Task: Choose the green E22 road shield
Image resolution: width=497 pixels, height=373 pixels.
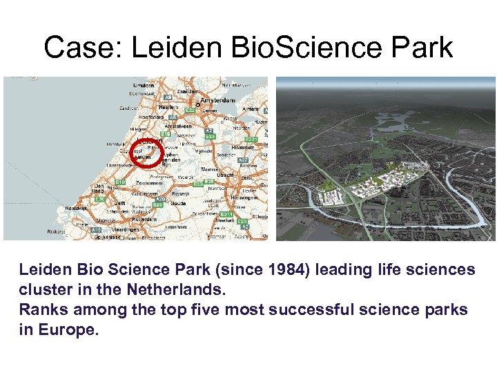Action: tap(190, 111)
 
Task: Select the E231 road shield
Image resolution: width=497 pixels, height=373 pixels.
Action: tap(251, 139)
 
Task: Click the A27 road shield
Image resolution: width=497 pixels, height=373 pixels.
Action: tap(243, 160)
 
